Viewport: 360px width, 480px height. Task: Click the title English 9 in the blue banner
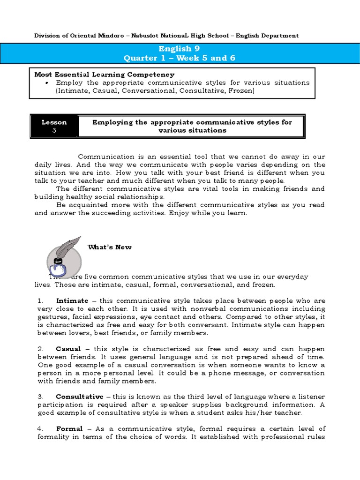click(175, 49)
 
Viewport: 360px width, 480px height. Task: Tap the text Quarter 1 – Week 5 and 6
click(179, 58)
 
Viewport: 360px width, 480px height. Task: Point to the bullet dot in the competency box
click(48, 83)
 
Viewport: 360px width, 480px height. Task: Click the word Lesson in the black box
click(54, 122)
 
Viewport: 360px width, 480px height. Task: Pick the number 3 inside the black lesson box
click(54, 131)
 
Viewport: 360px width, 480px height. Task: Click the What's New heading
click(110, 247)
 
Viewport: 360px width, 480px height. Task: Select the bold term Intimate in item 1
click(72, 300)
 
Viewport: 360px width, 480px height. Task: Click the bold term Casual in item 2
click(68, 349)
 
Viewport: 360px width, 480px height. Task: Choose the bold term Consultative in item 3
click(80, 397)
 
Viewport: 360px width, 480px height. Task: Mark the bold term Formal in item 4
click(69, 429)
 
